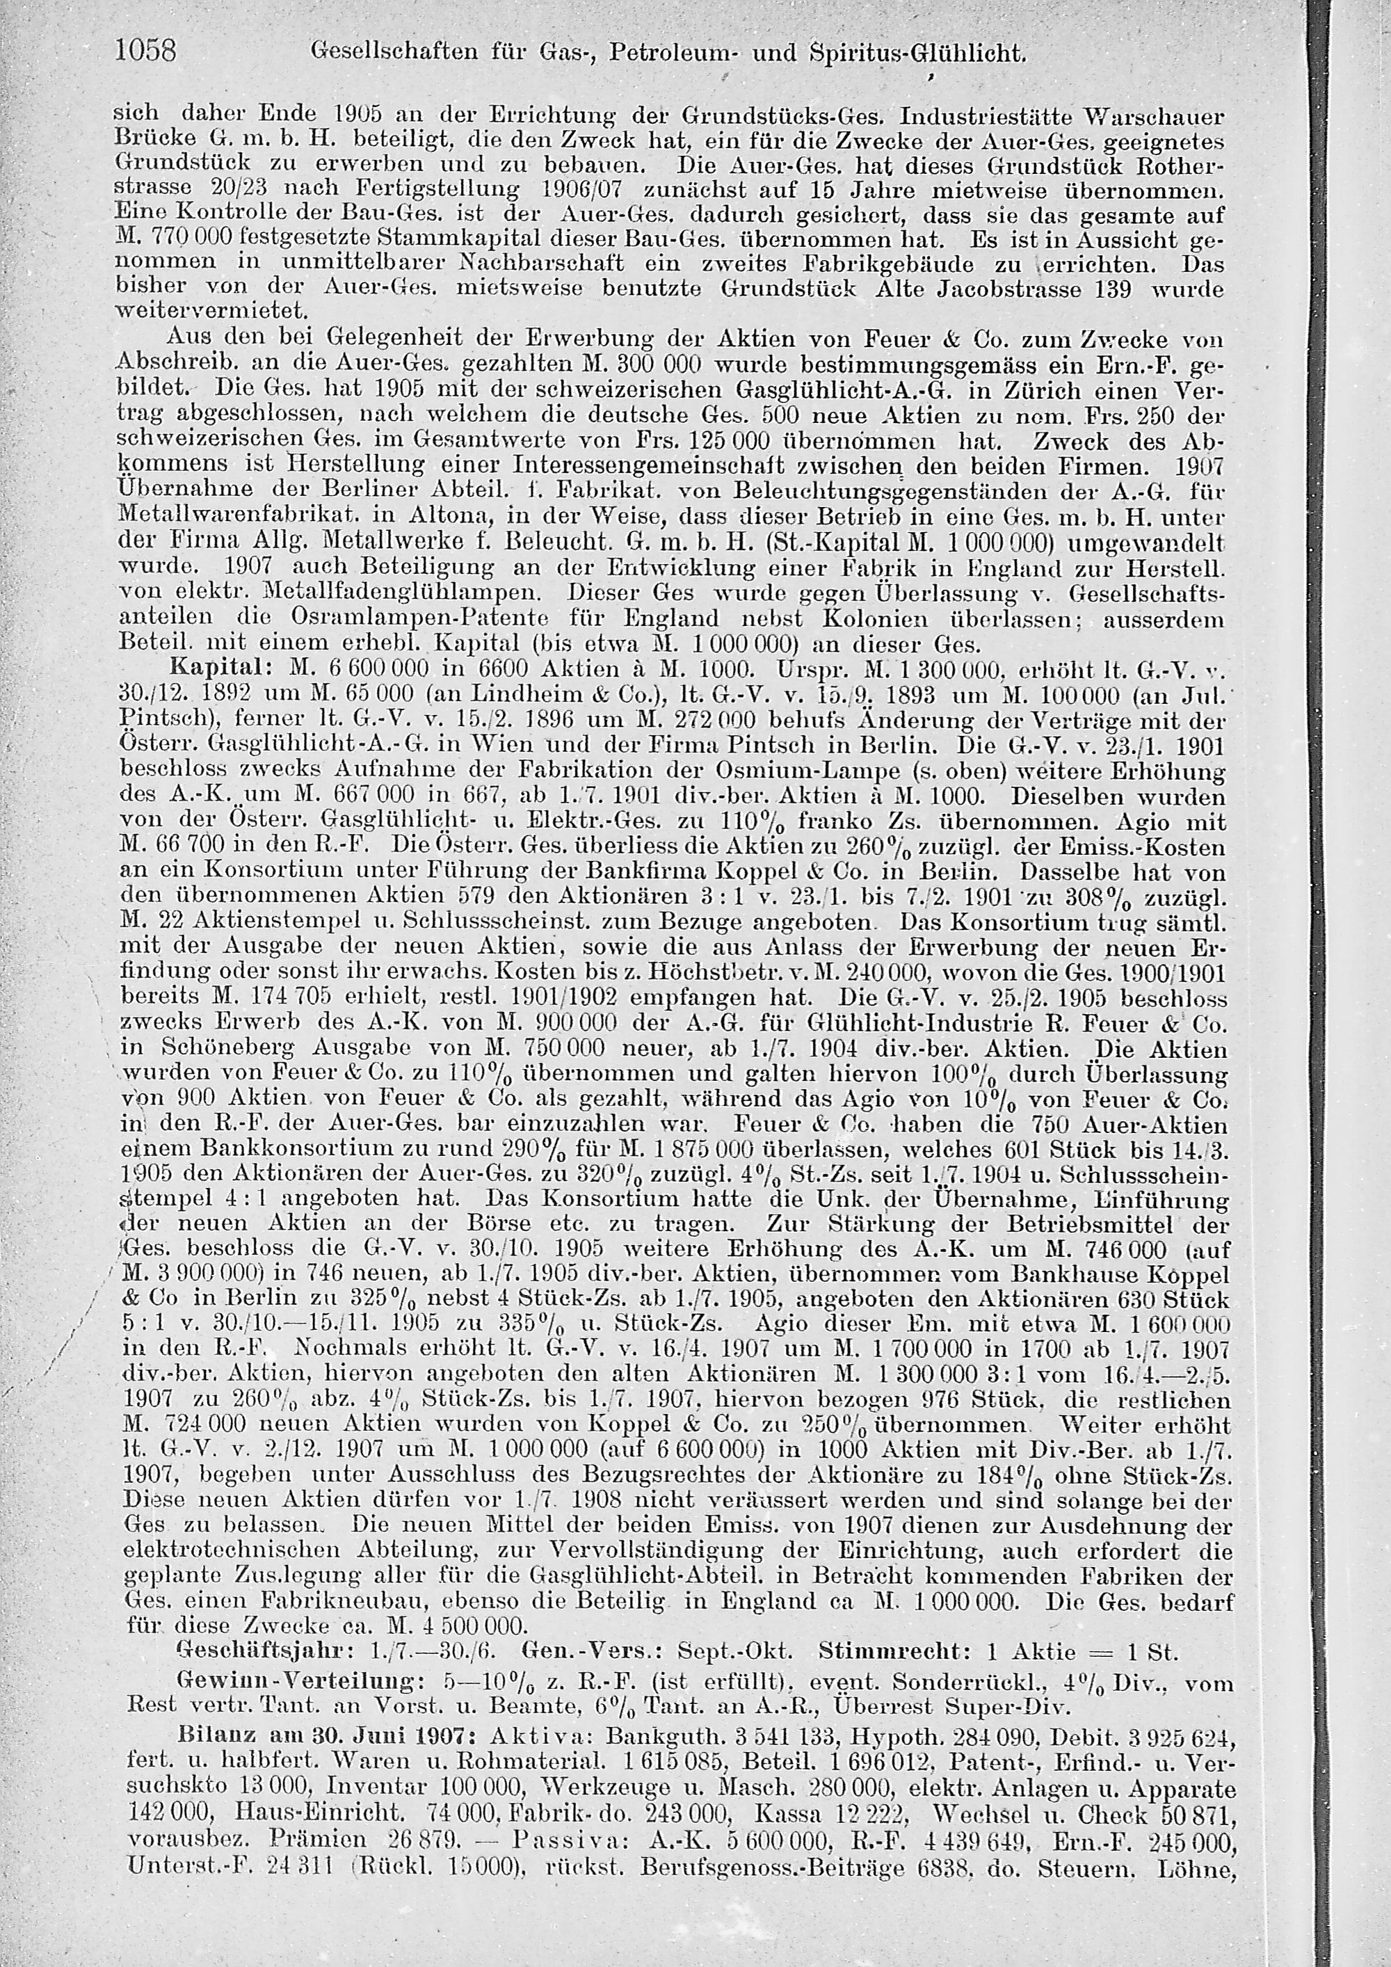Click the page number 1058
[145, 53]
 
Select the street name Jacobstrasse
[1010, 289]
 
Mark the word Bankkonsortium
[263, 1149]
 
